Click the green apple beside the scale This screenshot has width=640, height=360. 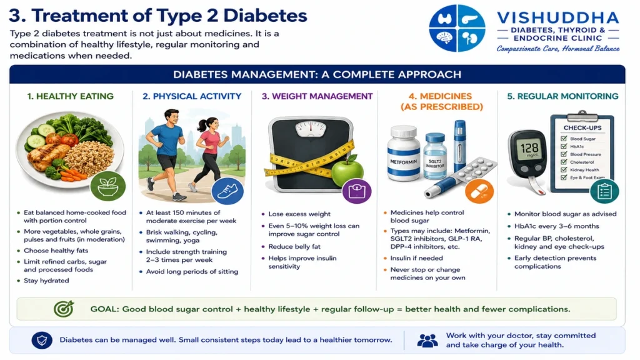tap(347, 171)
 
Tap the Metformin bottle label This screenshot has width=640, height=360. tap(403, 162)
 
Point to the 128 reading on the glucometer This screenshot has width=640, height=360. tap(529, 147)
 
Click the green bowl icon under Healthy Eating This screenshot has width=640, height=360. tap(107, 186)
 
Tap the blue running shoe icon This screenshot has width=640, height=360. tap(227, 191)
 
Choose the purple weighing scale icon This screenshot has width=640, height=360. tap(357, 191)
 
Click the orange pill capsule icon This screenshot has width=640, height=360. tap(479, 191)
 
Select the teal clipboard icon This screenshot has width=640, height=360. tap(604, 191)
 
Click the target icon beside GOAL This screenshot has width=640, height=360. tap(64, 309)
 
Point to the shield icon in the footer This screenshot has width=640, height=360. tap(42, 340)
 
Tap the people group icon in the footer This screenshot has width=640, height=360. tap(427, 341)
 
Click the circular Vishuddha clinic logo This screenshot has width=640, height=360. tap(457, 28)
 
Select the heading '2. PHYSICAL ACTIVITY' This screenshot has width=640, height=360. tap(192, 96)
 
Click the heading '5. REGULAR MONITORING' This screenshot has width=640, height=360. tap(562, 96)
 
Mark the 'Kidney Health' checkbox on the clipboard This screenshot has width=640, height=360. tap(564, 170)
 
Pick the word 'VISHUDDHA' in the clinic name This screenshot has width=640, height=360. tap(558, 17)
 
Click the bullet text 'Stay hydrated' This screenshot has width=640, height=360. tap(46, 281)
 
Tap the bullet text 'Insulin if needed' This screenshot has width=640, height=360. tap(416, 258)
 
